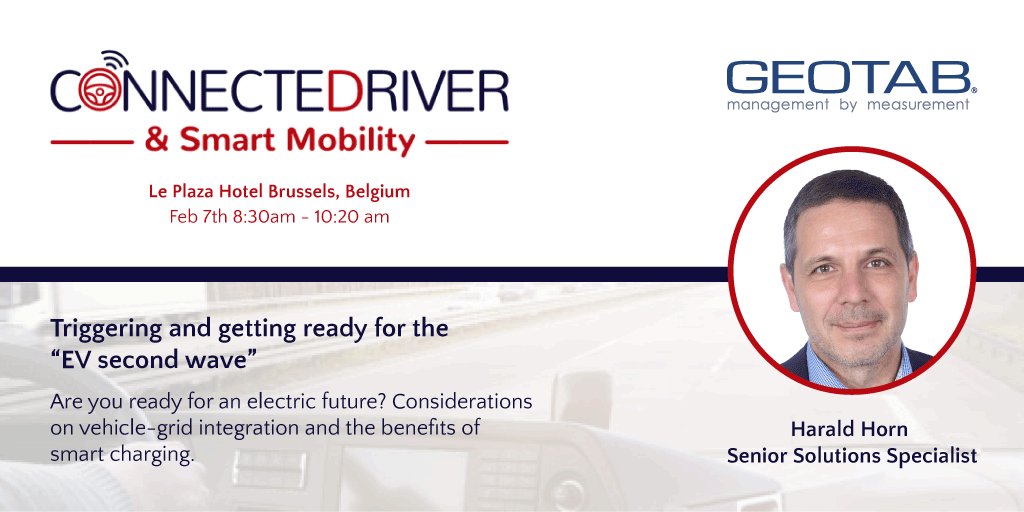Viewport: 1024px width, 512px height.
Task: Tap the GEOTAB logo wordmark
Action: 849,78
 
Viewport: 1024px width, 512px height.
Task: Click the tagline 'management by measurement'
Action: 849,104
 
